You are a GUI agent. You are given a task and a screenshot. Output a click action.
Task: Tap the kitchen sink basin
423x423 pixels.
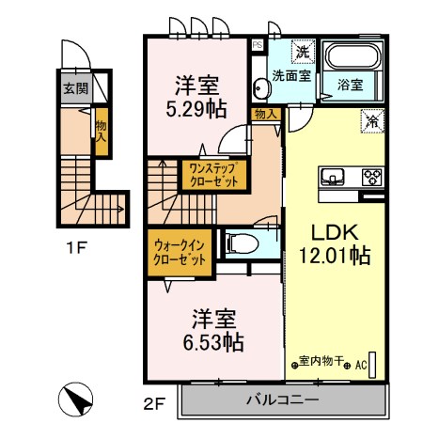coord(335,177)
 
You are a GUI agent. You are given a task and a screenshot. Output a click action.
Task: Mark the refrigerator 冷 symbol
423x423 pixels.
coord(372,120)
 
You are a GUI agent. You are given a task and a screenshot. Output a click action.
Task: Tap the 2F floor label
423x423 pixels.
coord(155,404)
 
